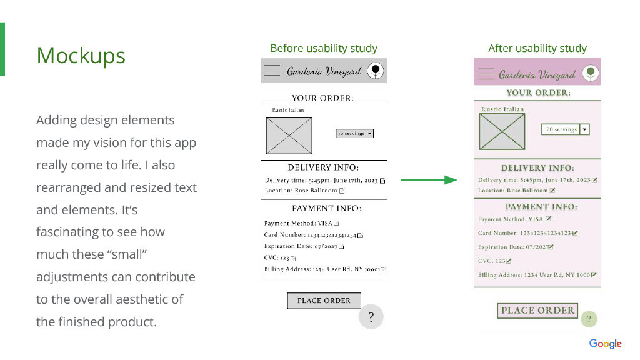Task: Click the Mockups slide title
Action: (x=81, y=56)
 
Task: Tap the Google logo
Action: (x=605, y=344)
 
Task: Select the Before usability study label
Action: (x=324, y=48)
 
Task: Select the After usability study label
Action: (x=537, y=48)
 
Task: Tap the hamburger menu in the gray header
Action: (x=272, y=71)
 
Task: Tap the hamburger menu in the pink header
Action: (x=486, y=74)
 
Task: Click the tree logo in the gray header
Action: (x=375, y=71)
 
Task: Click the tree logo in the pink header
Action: (x=590, y=74)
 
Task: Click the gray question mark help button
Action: (x=371, y=317)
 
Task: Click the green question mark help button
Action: (x=589, y=319)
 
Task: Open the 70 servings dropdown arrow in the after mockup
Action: (x=584, y=129)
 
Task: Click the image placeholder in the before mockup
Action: (x=289, y=136)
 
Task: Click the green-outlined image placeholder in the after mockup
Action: (x=502, y=131)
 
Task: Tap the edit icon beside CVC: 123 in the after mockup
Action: (x=509, y=261)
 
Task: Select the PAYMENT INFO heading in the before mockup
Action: (x=326, y=209)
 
